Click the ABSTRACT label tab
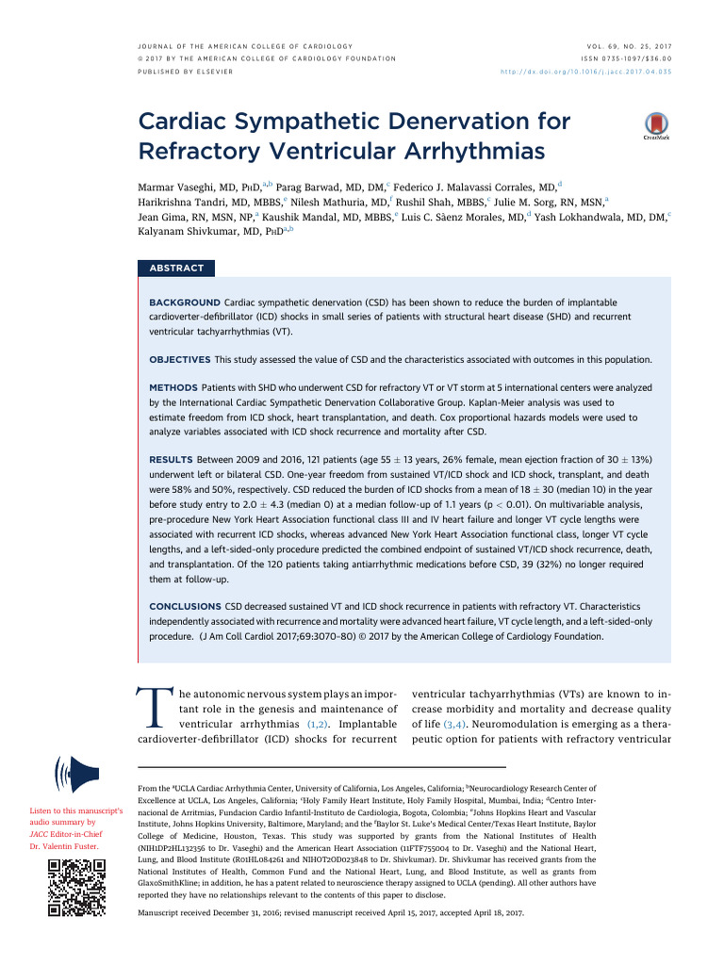pyautogui.click(x=176, y=269)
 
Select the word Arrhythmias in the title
pyautogui.click(x=464, y=151)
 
